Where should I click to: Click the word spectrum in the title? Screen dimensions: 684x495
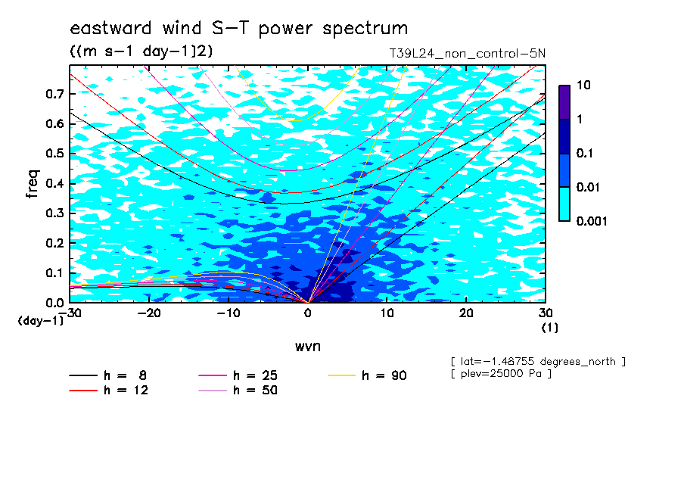pyautogui.click(x=365, y=29)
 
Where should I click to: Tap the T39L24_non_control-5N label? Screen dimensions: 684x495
pyautogui.click(x=467, y=54)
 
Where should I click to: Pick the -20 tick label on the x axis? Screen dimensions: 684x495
pyautogui.click(x=149, y=313)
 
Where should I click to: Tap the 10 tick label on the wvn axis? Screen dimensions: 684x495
pyautogui.click(x=387, y=313)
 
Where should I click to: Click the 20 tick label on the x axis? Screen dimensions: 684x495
pyautogui.click(x=466, y=313)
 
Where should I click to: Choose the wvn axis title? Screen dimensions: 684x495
pyautogui.click(x=308, y=347)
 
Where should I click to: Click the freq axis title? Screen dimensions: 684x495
pyautogui.click(x=33, y=184)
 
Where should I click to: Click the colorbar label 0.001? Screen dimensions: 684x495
pyautogui.click(x=592, y=221)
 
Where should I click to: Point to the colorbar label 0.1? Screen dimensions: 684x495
pyautogui.click(x=584, y=153)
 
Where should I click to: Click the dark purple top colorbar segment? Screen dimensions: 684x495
pyautogui.click(x=564, y=103)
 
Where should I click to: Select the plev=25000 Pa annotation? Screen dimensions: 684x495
pyautogui.click(x=501, y=374)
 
